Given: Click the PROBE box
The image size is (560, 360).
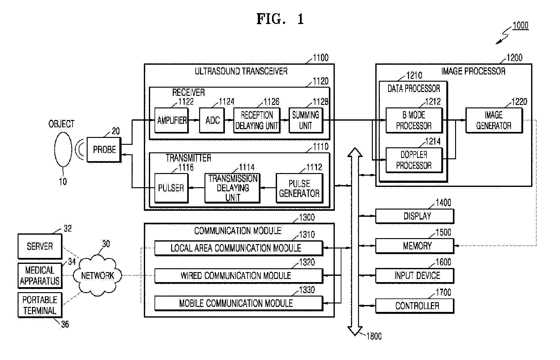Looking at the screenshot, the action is click(104, 150).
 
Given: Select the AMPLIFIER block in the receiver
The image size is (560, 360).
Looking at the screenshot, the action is click(171, 120).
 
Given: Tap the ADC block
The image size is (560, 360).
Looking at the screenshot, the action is click(212, 120).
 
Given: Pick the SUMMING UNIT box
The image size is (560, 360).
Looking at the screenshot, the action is click(306, 120).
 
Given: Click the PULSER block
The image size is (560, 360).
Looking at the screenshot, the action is click(171, 188).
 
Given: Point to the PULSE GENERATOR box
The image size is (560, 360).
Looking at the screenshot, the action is click(299, 188).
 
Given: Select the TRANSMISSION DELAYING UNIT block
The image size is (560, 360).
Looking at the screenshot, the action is click(232, 188).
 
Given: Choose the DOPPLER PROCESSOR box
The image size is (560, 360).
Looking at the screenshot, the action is click(414, 160).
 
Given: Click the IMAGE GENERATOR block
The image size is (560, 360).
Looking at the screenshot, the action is click(494, 120).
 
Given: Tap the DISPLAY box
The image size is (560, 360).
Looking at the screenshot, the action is click(415, 216).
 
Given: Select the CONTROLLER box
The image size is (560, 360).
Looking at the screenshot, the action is click(415, 306).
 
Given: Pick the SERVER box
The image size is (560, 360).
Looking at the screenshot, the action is click(40, 246).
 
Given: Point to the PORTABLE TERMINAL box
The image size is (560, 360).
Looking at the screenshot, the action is click(40, 305).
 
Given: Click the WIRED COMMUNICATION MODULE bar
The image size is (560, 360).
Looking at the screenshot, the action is click(239, 276).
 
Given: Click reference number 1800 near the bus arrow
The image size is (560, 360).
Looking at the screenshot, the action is click(374, 336).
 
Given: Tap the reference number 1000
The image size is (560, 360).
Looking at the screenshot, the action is click(520, 25).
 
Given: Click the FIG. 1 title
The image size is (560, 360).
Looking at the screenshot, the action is click(280, 19).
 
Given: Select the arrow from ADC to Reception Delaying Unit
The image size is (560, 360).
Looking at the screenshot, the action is click(229, 120).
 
